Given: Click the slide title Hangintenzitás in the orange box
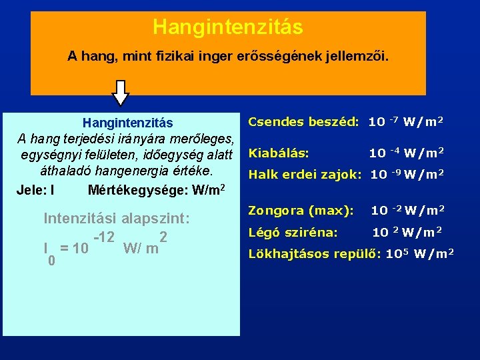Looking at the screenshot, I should (x=227, y=27).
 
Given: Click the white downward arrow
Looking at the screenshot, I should (x=121, y=93).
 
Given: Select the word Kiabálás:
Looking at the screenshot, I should (x=279, y=153).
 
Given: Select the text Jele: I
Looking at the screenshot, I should (x=35, y=189).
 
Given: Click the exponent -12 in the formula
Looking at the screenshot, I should (x=107, y=237).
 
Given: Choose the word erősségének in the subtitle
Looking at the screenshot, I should (x=277, y=57).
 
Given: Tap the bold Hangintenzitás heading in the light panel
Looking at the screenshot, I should (x=127, y=123).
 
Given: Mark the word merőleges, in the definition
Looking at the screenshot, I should (x=202, y=139).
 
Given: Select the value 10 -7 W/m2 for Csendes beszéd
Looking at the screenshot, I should (x=406, y=121).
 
